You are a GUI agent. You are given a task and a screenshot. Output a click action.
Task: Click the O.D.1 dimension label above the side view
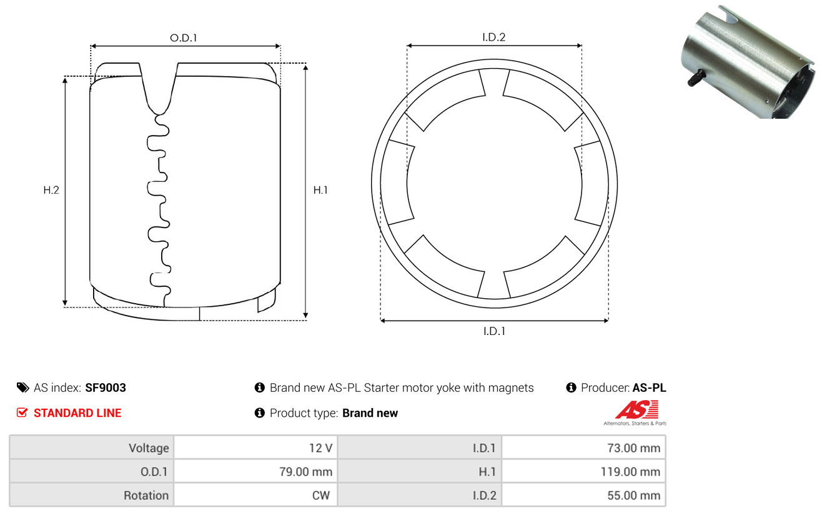(184, 37)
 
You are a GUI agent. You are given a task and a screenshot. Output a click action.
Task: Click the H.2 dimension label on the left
(51, 190)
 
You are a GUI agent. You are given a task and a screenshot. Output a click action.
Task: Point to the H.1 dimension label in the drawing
(320, 190)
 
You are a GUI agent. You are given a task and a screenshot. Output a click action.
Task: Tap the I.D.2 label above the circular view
(493, 37)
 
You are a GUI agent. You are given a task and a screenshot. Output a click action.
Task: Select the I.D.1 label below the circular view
(493, 331)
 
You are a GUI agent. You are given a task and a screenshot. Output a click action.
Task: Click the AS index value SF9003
(106, 387)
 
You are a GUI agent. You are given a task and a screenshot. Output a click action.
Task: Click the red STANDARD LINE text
(77, 413)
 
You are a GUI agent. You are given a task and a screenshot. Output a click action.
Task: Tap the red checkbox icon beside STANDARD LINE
(22, 413)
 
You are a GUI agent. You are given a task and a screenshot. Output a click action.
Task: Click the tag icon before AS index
(22, 387)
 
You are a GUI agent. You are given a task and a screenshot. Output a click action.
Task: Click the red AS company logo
(636, 411)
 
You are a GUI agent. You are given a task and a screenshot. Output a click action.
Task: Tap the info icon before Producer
(571, 387)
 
